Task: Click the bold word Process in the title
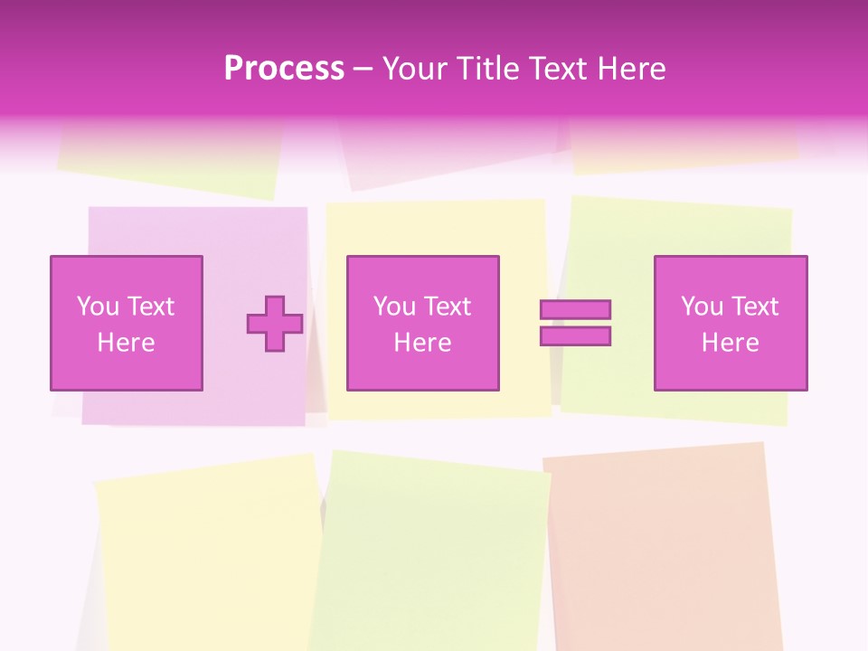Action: click(284, 69)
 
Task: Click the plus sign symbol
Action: click(275, 324)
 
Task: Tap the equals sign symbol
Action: click(575, 323)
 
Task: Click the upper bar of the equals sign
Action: click(575, 309)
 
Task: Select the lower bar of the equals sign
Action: click(575, 336)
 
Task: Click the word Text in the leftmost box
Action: click(151, 307)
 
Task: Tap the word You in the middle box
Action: click(394, 307)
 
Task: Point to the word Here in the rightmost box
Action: click(731, 343)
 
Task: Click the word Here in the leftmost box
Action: click(127, 343)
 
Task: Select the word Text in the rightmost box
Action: click(755, 307)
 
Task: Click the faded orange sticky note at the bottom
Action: click(665, 542)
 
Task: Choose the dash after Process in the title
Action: click(363, 69)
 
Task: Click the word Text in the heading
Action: click(554, 69)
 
